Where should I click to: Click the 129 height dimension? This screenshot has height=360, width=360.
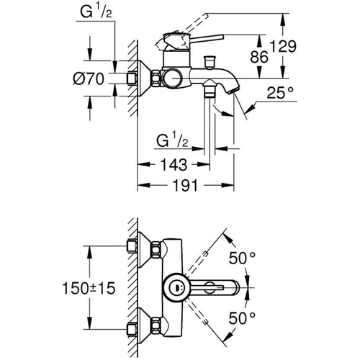(x=284, y=46)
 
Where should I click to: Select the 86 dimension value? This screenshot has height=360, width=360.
(x=259, y=57)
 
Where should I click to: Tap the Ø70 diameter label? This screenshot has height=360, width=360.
(x=89, y=78)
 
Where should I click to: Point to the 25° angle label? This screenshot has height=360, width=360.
(x=280, y=93)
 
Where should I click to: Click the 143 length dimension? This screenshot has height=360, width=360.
(x=174, y=165)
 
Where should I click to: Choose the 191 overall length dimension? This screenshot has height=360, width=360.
(x=185, y=185)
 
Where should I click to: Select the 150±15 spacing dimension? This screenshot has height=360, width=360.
(x=89, y=288)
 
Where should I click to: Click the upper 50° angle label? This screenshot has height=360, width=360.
(x=242, y=258)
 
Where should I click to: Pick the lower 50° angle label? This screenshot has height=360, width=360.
(x=242, y=318)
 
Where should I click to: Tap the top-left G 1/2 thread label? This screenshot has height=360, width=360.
(x=96, y=12)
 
